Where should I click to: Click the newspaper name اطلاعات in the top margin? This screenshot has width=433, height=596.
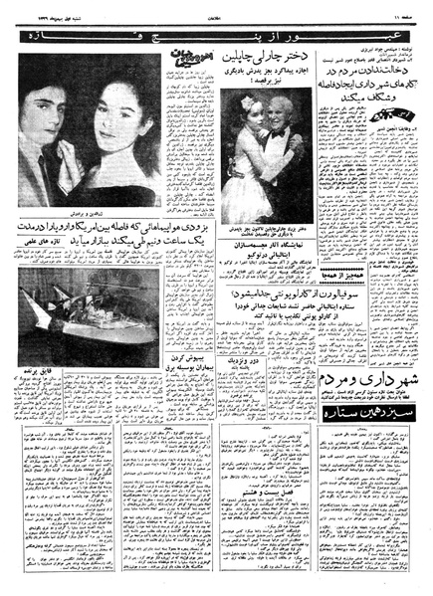coord(215,17)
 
